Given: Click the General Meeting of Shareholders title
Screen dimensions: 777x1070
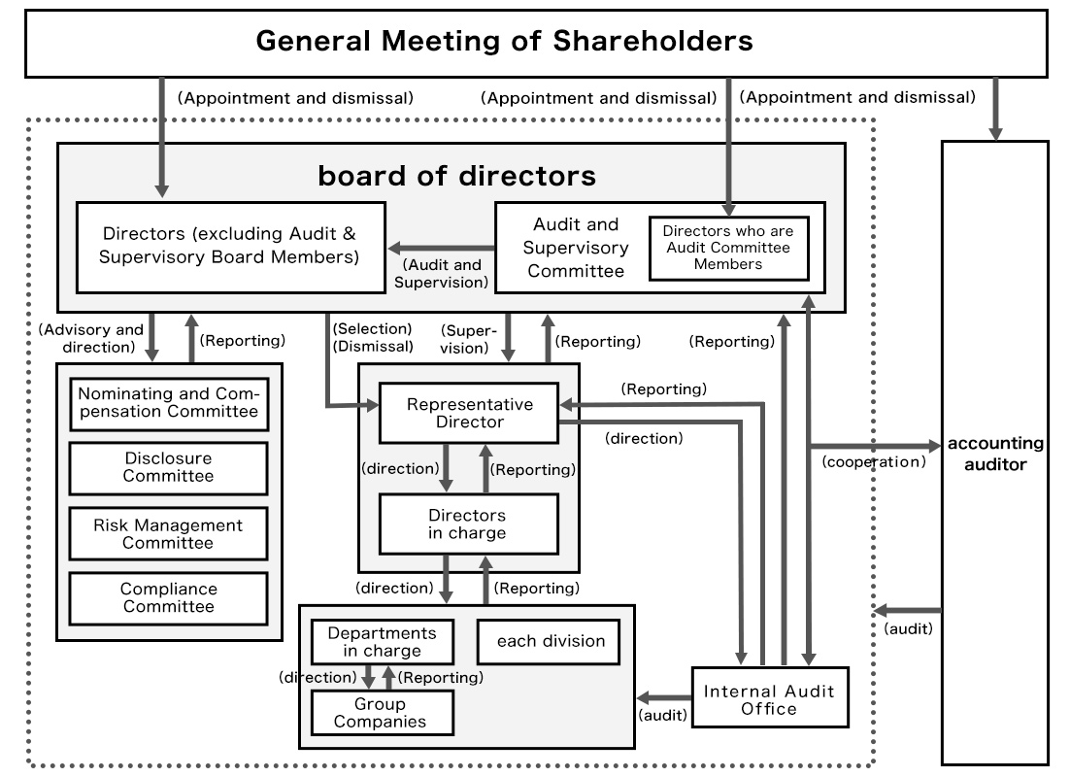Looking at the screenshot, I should click(504, 42).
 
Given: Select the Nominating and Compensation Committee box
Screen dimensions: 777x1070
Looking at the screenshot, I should click(168, 403).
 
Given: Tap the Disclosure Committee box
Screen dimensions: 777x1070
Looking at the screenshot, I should click(168, 467).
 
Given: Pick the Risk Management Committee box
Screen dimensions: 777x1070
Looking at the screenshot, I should click(168, 533).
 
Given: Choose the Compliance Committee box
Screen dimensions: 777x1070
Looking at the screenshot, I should click(168, 597).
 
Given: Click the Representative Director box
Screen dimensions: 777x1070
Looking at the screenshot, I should click(469, 413).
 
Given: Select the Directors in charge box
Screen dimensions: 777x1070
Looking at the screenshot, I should click(469, 524).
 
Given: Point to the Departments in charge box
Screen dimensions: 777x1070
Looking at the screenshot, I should click(382, 641).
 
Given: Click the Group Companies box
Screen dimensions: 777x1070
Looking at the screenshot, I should click(382, 712).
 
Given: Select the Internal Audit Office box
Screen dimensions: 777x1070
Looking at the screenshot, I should click(769, 699).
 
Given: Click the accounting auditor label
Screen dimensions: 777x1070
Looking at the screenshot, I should click(995, 454).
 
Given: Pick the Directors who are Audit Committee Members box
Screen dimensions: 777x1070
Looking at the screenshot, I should click(727, 248).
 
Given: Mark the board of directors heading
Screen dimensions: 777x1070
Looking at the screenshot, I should click(456, 176).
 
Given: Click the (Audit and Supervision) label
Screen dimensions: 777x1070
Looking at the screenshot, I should click(440, 273).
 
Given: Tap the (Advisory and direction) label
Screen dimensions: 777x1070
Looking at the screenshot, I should click(91, 338).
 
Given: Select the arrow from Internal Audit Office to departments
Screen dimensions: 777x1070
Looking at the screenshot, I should click(664, 697).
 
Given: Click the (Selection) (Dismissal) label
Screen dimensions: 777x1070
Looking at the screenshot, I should click(372, 337).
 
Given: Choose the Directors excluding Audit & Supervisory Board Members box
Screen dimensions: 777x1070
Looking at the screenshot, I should click(231, 247).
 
